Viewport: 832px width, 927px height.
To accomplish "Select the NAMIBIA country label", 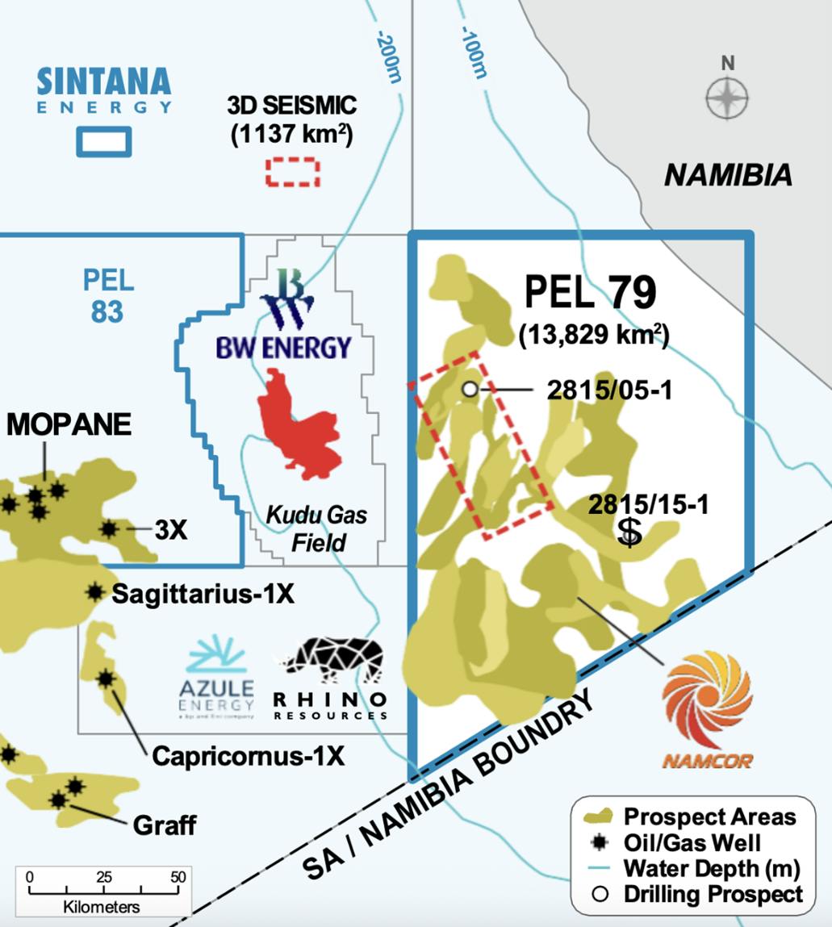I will (x=727, y=175).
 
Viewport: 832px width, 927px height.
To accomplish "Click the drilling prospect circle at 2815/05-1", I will (x=470, y=390).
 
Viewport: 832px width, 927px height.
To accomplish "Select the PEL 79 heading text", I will (x=590, y=292).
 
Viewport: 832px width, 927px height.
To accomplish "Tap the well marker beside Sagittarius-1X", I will (x=95, y=592).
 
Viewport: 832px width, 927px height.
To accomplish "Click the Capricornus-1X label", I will (x=248, y=756).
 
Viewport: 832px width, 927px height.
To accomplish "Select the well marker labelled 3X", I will (x=109, y=529).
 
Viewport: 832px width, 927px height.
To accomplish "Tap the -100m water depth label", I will (x=474, y=52).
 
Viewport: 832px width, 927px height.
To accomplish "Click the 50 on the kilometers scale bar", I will (x=178, y=878).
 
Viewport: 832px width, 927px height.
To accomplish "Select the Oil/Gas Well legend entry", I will (x=691, y=843).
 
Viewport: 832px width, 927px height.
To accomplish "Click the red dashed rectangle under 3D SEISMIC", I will (x=293, y=171).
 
